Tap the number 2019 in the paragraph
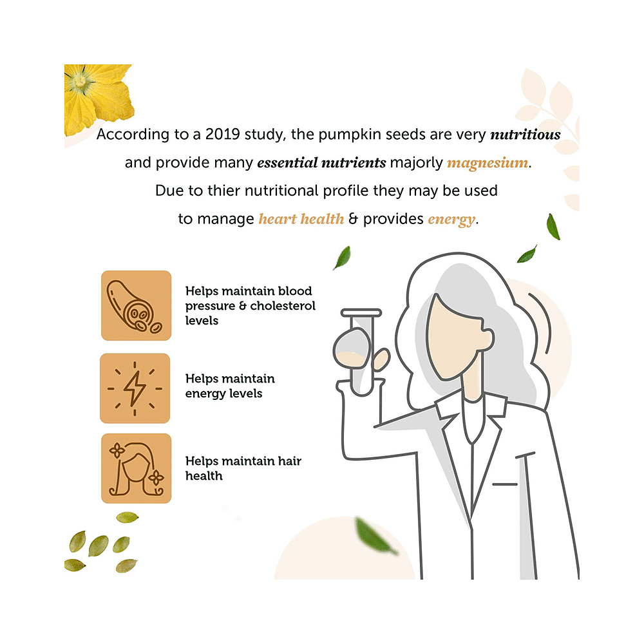tap(222, 135)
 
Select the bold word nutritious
tap(526, 135)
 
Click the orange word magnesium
tap(488, 163)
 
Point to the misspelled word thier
tap(224, 191)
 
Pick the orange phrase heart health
tap(301, 219)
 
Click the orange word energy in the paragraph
tap(451, 220)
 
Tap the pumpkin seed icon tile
tap(137, 305)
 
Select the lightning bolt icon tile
tap(135, 388)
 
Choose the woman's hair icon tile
tap(137, 468)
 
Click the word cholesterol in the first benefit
tap(283, 305)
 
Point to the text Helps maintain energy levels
tap(230, 386)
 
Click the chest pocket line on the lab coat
tap(505, 485)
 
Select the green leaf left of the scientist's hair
tap(342, 258)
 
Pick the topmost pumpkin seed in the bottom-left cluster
tap(128, 517)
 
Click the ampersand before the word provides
tap(353, 219)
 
